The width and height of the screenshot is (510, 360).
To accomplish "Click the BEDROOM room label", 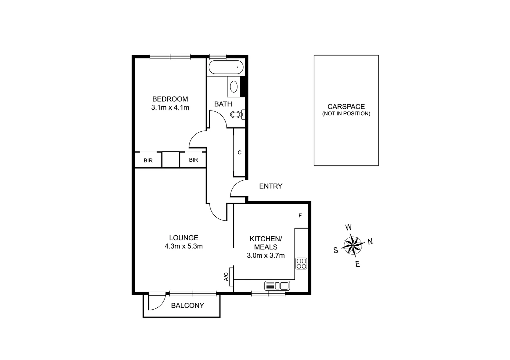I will tap(170, 99).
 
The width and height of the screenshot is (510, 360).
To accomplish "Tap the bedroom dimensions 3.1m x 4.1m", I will tap(170, 108).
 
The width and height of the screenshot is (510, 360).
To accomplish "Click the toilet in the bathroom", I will tap(236, 115).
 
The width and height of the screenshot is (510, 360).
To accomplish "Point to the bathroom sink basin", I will tap(234, 87).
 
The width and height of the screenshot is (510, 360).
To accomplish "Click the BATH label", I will tap(223, 104).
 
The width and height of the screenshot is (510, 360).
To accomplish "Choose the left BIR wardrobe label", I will tap(148, 160).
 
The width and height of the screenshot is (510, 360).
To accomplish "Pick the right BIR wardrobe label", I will tap(193, 160).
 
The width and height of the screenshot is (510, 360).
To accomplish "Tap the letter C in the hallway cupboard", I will tap(239, 153).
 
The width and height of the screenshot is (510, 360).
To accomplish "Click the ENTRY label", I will tap(271, 186).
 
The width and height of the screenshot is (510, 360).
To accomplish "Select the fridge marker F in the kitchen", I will tap(300, 216).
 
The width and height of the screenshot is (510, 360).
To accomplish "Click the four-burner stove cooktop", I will tap(301, 263).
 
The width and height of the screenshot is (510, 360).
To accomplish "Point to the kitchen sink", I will tap(277, 286).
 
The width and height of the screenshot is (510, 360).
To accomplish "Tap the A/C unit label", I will tap(226, 276).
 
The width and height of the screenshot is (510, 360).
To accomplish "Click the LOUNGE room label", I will tap(183, 238).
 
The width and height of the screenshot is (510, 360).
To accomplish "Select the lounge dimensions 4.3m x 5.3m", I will tap(183, 246).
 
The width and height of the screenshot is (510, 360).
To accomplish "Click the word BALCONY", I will tap(187, 305).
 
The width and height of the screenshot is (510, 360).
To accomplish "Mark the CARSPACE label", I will tap(346, 107).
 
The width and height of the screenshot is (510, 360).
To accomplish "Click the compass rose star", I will tap(353, 245).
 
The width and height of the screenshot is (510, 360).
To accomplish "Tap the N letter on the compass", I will tap(370, 242).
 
